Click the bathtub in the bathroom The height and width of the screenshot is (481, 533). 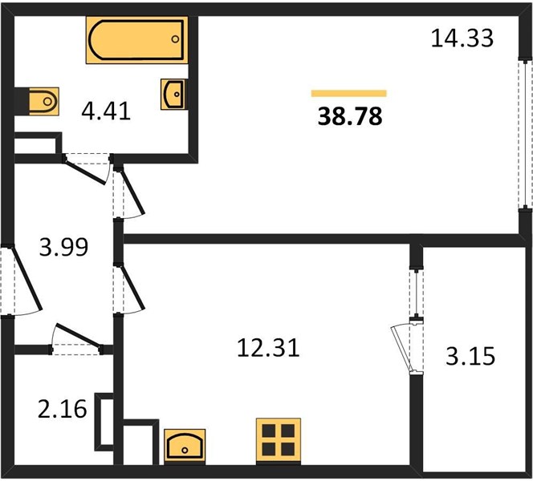click(136, 40)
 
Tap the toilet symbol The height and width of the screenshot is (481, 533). click(44, 101)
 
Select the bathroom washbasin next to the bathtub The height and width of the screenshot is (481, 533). click(173, 95)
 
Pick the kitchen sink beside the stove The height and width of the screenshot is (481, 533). click(185, 446)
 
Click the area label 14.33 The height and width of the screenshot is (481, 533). click(462, 38)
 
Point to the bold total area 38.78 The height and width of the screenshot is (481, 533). click(350, 115)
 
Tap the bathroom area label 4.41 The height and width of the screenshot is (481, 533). click(106, 111)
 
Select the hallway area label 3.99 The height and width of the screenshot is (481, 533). click(63, 247)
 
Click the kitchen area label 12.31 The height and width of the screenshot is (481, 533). click(268, 348)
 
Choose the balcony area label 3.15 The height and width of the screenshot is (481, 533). click(470, 356)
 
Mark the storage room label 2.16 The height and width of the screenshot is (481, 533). click(62, 409)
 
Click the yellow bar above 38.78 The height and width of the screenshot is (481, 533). click(348, 93)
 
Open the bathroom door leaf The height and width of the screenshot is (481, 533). click(85, 172)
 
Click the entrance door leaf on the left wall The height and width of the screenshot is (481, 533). click(26, 279)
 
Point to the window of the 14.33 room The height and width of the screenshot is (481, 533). click(526, 135)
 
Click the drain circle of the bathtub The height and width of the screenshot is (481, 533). click(175, 39)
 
